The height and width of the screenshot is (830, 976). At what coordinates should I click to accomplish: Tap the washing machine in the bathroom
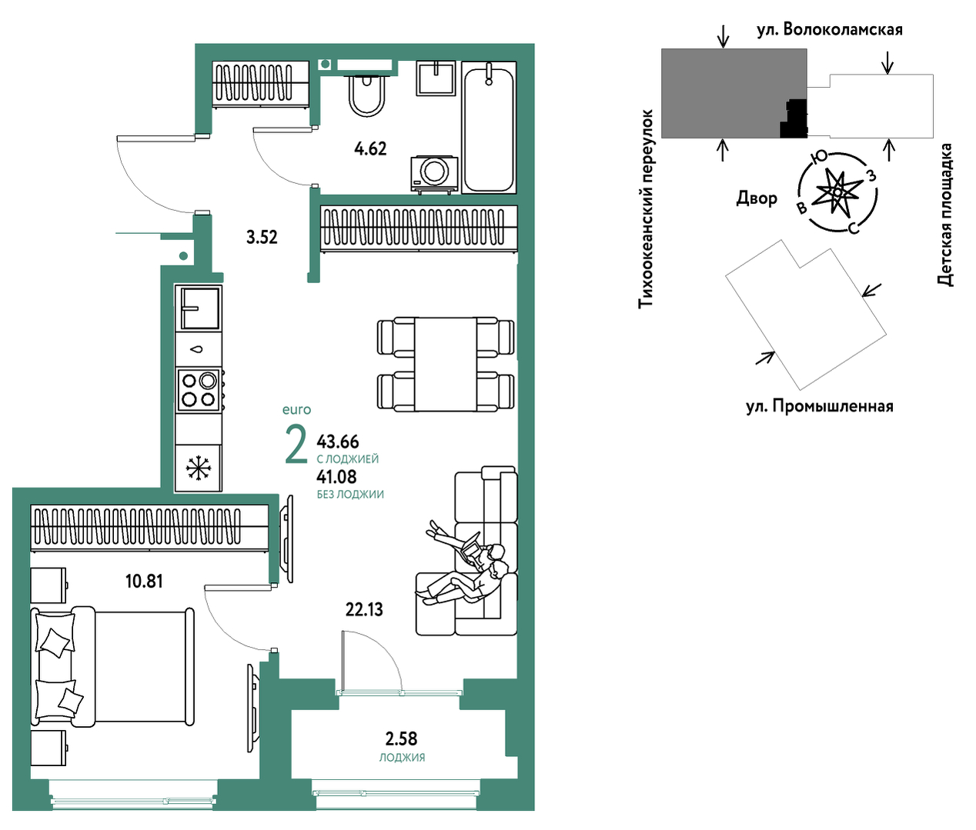(434, 174)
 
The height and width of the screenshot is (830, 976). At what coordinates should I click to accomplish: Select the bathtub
(489, 128)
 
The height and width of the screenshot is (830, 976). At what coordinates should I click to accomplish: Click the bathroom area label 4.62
(370, 148)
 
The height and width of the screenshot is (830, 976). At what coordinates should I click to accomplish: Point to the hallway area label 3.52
(262, 237)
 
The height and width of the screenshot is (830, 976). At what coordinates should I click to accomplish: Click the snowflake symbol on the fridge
(199, 468)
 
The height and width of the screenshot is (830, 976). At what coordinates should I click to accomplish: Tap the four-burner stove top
(199, 390)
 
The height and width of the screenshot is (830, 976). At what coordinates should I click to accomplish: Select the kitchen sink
(199, 308)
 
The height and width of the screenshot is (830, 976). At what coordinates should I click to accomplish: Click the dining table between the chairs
(445, 364)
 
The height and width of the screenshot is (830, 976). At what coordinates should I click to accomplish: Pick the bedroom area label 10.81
(144, 582)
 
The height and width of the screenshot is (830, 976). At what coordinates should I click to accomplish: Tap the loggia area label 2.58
(401, 738)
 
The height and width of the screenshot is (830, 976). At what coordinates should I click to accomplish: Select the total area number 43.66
(338, 442)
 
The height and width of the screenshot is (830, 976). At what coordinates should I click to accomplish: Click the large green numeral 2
(296, 444)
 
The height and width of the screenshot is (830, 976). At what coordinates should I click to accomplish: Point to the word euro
(296, 409)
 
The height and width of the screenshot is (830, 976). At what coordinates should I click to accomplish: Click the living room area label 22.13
(364, 610)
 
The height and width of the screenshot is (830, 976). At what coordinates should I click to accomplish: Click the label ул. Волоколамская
(830, 30)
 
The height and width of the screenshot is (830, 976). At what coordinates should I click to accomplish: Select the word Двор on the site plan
(757, 198)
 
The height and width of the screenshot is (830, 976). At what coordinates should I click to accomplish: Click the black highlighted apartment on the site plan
(794, 119)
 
